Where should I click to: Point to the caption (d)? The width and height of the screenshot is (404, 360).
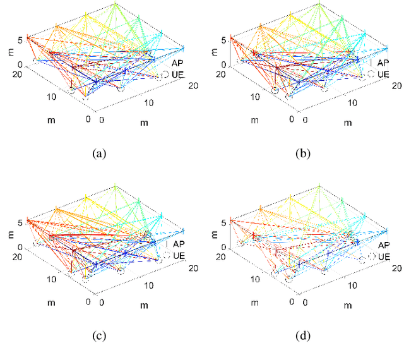coord(304,336)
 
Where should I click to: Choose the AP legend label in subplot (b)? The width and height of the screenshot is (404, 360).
coord(383,63)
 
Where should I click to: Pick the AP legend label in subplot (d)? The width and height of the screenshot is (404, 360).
coord(383,244)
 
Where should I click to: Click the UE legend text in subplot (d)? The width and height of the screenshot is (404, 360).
coord(383,256)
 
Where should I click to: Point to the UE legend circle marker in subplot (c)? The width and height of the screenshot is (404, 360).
coord(165,255)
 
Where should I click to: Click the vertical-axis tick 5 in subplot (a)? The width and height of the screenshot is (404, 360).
coord(20,40)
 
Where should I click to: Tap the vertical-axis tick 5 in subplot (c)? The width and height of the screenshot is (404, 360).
coord(20,222)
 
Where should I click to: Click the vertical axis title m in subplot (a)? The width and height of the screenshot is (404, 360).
coord(8,52)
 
